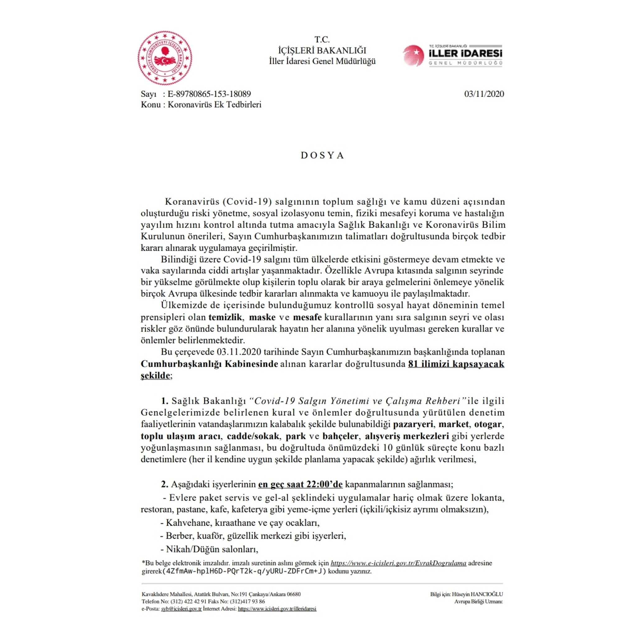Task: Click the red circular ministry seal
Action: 165,58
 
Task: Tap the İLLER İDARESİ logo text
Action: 465,53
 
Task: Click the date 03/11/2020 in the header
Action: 484,94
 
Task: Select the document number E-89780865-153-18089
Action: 209,94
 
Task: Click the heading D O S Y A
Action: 322,155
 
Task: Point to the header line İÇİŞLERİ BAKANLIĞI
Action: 322,50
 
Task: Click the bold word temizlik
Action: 225,317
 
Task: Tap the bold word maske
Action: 262,317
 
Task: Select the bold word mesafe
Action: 307,317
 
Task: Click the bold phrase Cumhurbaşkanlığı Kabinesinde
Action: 209,364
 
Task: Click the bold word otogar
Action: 488,424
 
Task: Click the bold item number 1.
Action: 165,401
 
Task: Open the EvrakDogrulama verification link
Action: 398,563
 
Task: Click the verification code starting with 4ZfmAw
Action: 244,571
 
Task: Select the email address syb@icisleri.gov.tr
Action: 181,609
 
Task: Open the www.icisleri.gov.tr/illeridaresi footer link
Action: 277,609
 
